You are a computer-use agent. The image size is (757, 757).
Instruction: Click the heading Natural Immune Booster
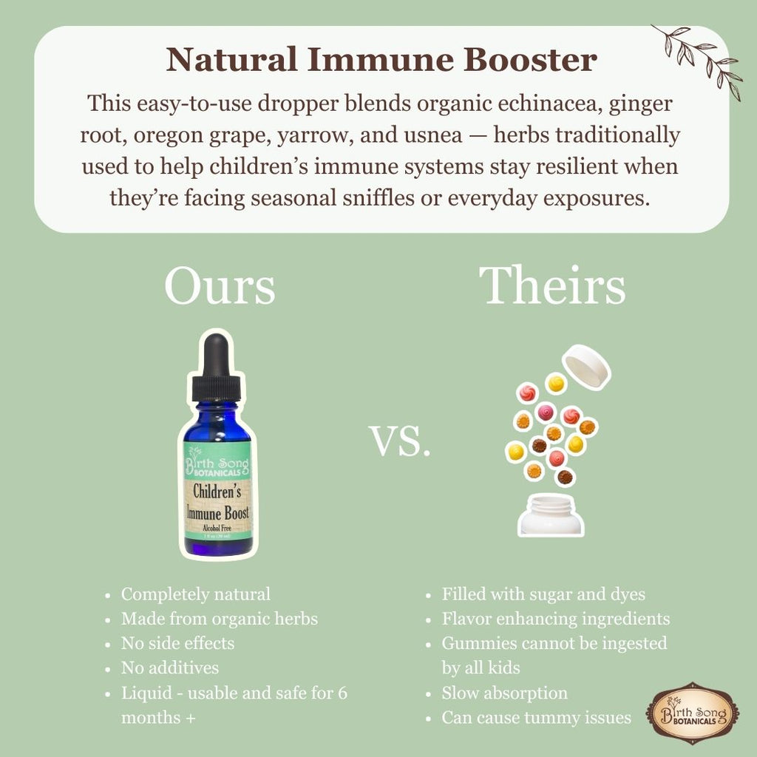click(x=381, y=59)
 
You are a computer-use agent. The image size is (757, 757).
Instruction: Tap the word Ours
click(x=220, y=287)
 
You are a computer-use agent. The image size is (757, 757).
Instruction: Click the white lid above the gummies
click(x=586, y=367)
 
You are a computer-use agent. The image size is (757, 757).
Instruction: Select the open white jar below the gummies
click(x=551, y=515)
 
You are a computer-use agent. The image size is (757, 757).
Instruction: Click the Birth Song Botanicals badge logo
click(x=692, y=713)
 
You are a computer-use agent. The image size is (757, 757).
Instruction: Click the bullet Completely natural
click(x=196, y=594)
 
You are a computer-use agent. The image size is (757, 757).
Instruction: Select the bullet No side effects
click(x=177, y=643)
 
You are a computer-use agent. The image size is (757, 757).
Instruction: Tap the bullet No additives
click(x=170, y=668)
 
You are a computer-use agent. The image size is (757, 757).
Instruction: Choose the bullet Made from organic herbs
click(x=220, y=619)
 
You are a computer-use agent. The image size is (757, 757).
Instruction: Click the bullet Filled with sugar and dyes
click(x=543, y=594)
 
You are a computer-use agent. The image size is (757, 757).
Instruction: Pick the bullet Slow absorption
click(x=505, y=693)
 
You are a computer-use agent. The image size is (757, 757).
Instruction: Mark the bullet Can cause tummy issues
click(x=537, y=717)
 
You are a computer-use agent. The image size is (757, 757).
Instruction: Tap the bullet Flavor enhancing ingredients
click(x=556, y=619)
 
